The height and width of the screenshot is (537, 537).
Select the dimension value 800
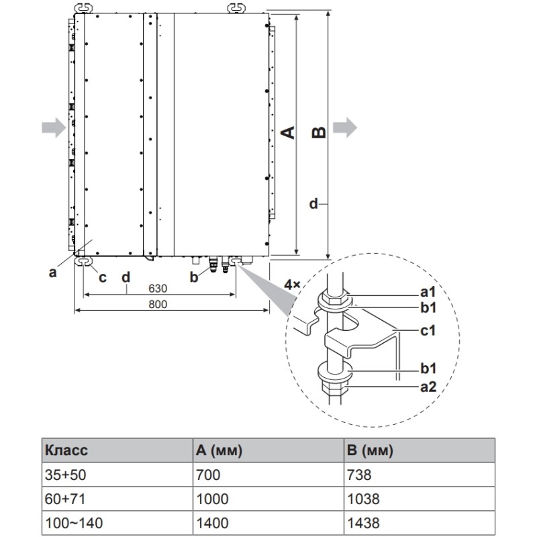pyautogui.click(x=158, y=304)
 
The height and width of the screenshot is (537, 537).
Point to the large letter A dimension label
pyautogui.click(x=287, y=132)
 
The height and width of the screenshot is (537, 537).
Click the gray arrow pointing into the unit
pyautogui.click(x=52, y=126)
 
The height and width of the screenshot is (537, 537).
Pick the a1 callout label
pyautogui.click(x=428, y=293)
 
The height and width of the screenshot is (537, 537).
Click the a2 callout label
pyautogui.click(x=428, y=387)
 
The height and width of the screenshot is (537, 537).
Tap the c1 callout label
pyautogui.click(x=428, y=330)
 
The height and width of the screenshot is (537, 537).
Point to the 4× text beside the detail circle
pyautogui.click(x=292, y=285)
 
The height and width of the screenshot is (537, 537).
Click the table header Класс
pyautogui.click(x=66, y=450)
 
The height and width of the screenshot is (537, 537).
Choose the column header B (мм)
pyautogui.click(x=370, y=450)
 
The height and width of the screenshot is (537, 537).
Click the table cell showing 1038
pyautogui.click(x=363, y=499)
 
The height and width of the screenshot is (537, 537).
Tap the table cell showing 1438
pyautogui.click(x=363, y=523)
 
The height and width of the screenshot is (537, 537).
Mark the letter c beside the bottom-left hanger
pyautogui.click(x=102, y=277)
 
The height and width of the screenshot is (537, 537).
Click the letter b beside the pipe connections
pyautogui.click(x=194, y=276)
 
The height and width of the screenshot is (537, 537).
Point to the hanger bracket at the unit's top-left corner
pyautogui.click(x=81, y=7)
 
